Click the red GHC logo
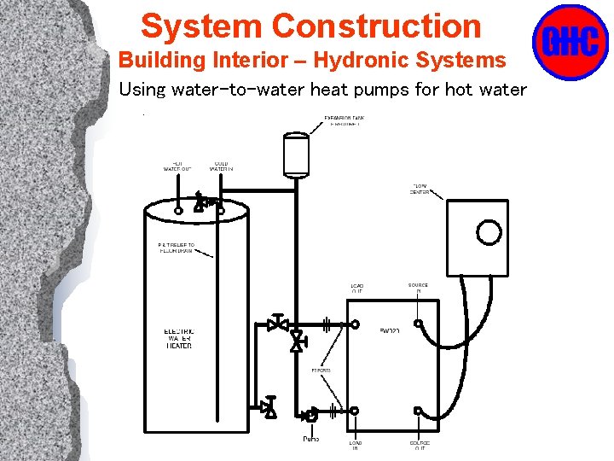(570, 42)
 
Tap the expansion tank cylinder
(295, 155)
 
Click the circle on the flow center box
(489, 232)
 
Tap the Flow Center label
(420, 189)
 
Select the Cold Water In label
(221, 166)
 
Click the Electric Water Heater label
(179, 338)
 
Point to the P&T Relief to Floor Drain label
(177, 248)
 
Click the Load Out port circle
(354, 324)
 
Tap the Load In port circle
(354, 411)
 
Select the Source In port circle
(417, 324)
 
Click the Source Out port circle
(418, 411)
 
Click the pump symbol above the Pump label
(311, 415)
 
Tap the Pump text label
(311, 439)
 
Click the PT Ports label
(321, 371)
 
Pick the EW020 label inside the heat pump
(390, 330)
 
